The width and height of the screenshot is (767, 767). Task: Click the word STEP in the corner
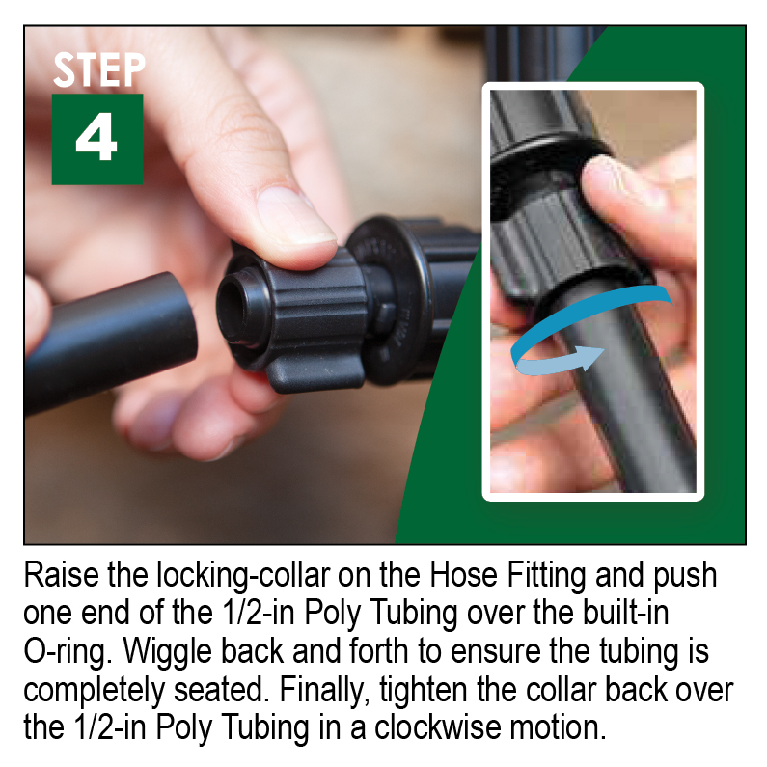pos(98,70)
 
